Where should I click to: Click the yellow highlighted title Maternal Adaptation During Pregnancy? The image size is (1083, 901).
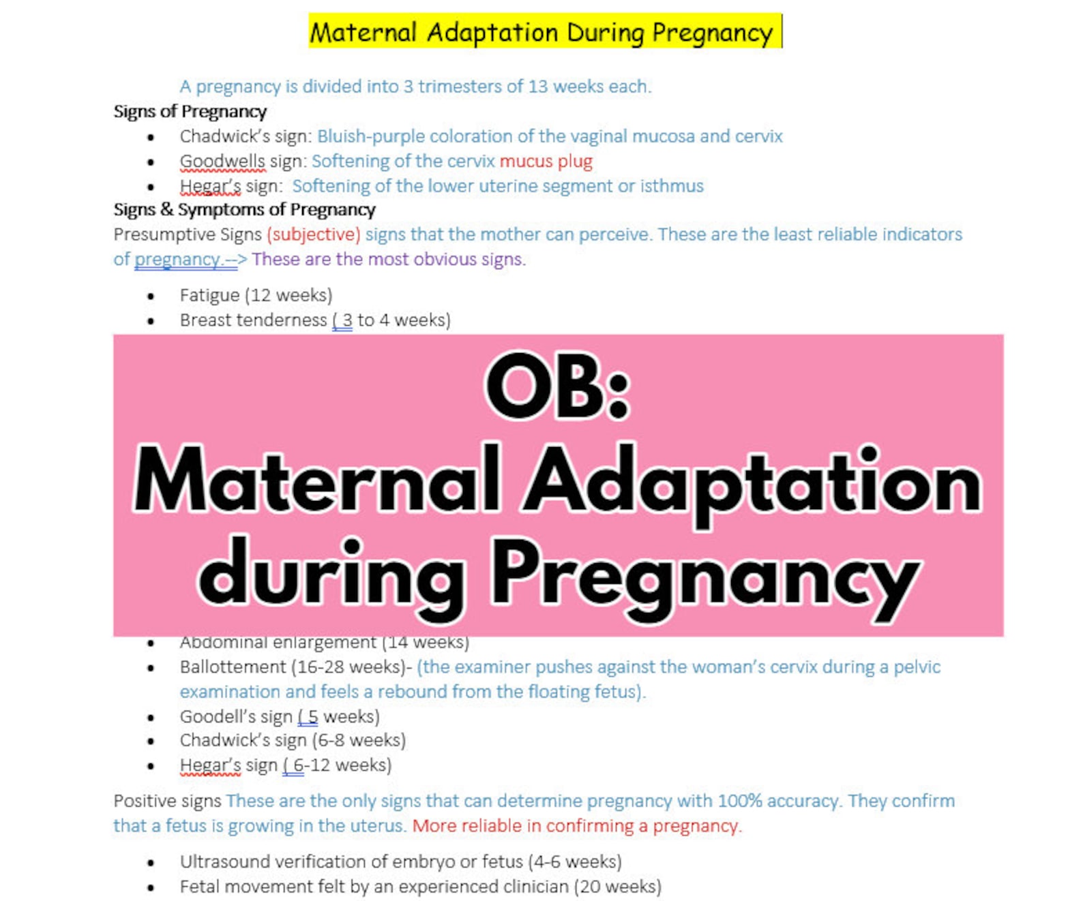[x=544, y=32]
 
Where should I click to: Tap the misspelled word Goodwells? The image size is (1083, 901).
[x=222, y=162]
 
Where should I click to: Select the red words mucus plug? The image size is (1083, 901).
[x=546, y=162]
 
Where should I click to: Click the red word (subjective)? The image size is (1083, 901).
[x=313, y=234]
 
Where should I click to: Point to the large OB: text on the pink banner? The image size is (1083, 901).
[x=557, y=386]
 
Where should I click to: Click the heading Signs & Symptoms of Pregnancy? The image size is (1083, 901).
[x=244, y=209]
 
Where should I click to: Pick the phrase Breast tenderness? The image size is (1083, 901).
[x=253, y=320]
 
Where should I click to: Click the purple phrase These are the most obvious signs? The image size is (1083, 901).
[x=389, y=260]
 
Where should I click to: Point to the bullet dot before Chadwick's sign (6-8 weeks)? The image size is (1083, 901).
[x=151, y=741]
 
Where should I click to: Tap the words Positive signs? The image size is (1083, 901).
[x=167, y=801]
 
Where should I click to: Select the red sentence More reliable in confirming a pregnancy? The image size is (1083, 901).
[x=576, y=826]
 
